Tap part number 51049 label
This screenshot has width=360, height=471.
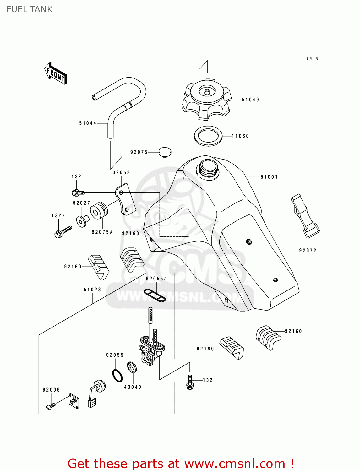tap(250, 100)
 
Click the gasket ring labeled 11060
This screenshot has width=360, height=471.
tap(208, 136)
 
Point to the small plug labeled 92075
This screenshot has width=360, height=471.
tap(165, 152)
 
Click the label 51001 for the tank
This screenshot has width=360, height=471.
tap(269, 177)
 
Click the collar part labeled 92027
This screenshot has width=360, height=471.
tap(82, 221)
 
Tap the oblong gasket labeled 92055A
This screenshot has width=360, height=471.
tap(155, 295)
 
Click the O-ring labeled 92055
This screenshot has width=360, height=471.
tap(117, 375)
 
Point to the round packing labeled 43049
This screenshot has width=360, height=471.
tap(132, 367)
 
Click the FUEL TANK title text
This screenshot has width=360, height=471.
tap(30, 9)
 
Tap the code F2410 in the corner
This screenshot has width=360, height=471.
tap(311, 58)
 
